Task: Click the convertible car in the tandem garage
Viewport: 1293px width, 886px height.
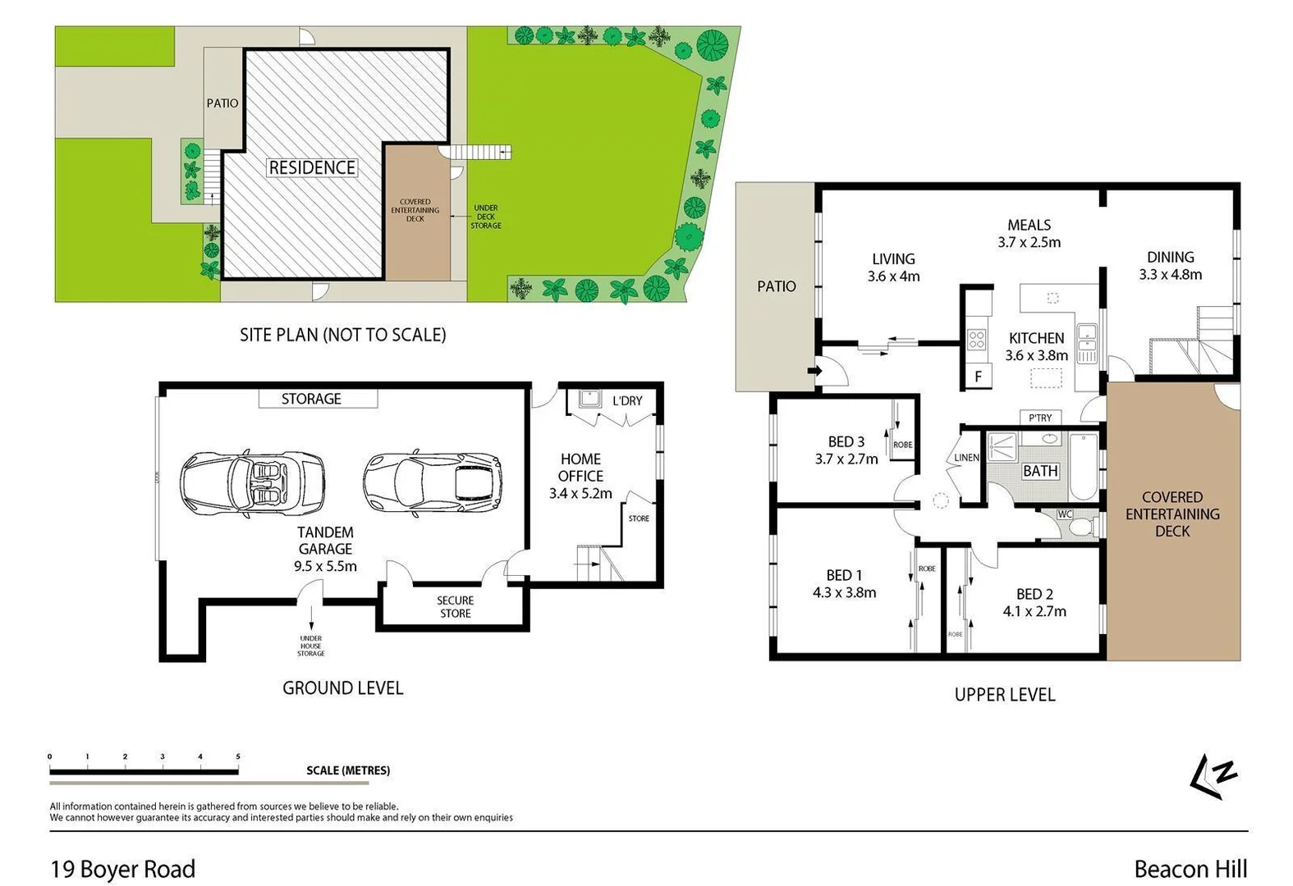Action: tap(252, 484)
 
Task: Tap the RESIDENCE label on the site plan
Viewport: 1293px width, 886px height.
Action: tap(312, 167)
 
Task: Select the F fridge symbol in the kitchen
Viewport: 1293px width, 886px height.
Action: tap(978, 377)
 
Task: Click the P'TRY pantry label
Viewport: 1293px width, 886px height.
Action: tap(1040, 418)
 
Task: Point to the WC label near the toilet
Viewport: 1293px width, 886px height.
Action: tap(1065, 514)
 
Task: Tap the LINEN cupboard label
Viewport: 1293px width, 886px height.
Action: tap(966, 458)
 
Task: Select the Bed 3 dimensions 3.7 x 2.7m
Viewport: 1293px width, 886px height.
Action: tap(846, 459)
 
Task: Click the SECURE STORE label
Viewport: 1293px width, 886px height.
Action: tap(455, 607)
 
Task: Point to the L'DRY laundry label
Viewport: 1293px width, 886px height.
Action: tap(627, 401)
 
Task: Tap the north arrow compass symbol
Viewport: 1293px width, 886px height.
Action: tap(1213, 776)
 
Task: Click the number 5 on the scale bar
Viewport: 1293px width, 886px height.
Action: tap(238, 756)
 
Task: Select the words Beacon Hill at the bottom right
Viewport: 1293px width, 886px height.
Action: tap(1190, 869)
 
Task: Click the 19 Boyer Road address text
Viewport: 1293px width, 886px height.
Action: tap(123, 869)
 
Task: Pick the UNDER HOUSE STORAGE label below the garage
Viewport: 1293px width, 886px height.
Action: tap(310, 646)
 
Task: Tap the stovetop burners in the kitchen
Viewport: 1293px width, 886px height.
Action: tap(976, 339)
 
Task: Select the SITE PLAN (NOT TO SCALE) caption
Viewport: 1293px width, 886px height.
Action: tap(342, 335)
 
